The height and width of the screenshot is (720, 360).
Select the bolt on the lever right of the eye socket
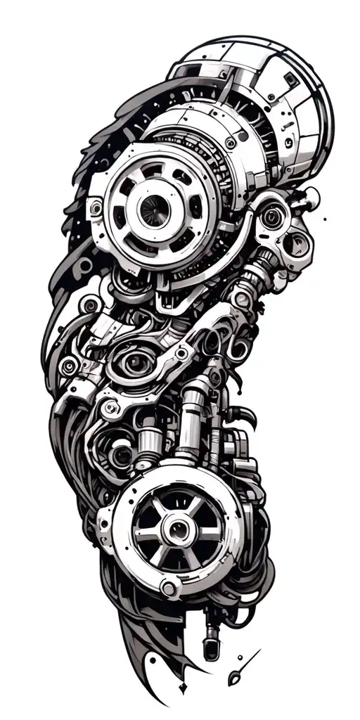[182, 354]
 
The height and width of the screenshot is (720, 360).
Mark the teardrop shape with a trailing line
[235, 678]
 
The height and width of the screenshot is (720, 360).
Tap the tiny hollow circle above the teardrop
[241, 659]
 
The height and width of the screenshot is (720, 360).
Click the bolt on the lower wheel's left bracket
[106, 522]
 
